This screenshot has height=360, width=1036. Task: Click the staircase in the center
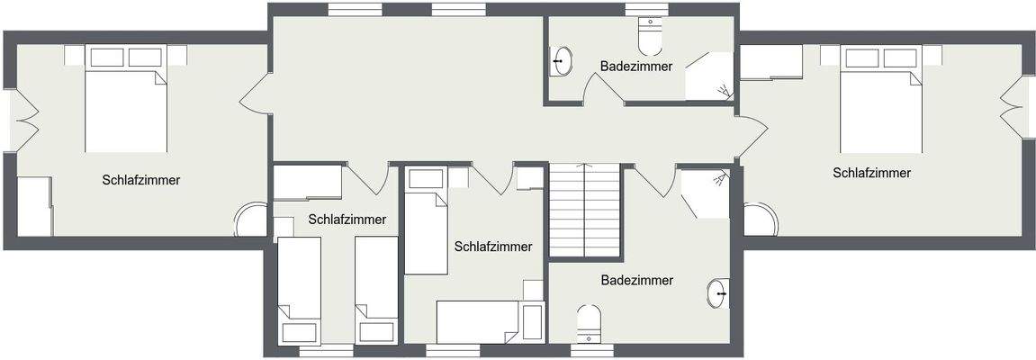[x=585, y=211]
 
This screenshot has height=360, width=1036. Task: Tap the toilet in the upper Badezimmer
[x=650, y=37]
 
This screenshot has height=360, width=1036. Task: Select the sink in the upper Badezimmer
[x=562, y=62]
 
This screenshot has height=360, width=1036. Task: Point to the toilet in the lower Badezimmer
[x=588, y=322]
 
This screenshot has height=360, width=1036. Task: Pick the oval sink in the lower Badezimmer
[x=717, y=293]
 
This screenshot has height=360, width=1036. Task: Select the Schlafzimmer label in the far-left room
[x=140, y=180]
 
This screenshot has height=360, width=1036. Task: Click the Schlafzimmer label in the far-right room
[x=871, y=173]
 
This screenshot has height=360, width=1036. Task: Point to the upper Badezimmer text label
[x=636, y=66]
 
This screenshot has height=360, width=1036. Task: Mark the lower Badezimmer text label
[x=637, y=281]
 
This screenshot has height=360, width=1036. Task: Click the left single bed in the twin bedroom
[x=299, y=289]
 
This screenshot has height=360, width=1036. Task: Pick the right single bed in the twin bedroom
[x=376, y=289]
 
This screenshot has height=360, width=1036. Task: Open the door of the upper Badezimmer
[x=604, y=90]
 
